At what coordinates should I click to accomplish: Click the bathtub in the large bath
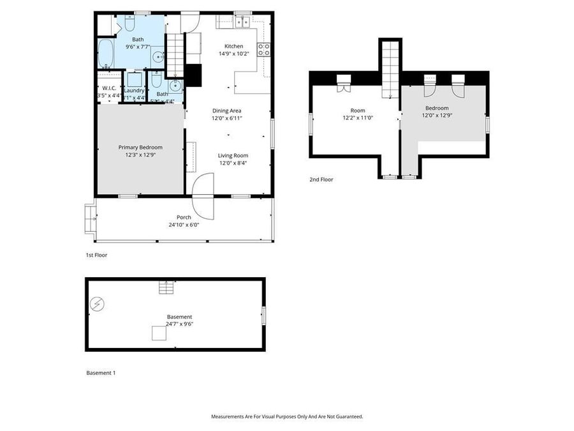click(x=106, y=54)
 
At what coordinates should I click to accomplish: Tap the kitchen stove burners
click(x=263, y=50)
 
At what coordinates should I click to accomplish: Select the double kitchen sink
click(x=242, y=23)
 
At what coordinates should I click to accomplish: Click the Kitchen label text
click(x=233, y=46)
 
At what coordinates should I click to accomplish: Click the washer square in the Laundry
click(x=135, y=80)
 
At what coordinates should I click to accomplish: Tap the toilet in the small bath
click(x=156, y=81)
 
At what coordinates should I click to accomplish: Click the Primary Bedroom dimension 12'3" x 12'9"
click(x=140, y=155)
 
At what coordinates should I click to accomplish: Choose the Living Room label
click(x=233, y=155)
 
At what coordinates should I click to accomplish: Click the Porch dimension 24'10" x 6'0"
click(x=179, y=225)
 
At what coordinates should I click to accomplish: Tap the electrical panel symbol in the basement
click(x=97, y=304)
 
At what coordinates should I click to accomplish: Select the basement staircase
click(x=166, y=288)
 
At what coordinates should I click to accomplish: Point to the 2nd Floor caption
click(x=321, y=179)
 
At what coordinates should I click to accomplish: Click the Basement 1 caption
click(x=101, y=372)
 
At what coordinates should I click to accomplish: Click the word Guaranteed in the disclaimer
click(x=348, y=416)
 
